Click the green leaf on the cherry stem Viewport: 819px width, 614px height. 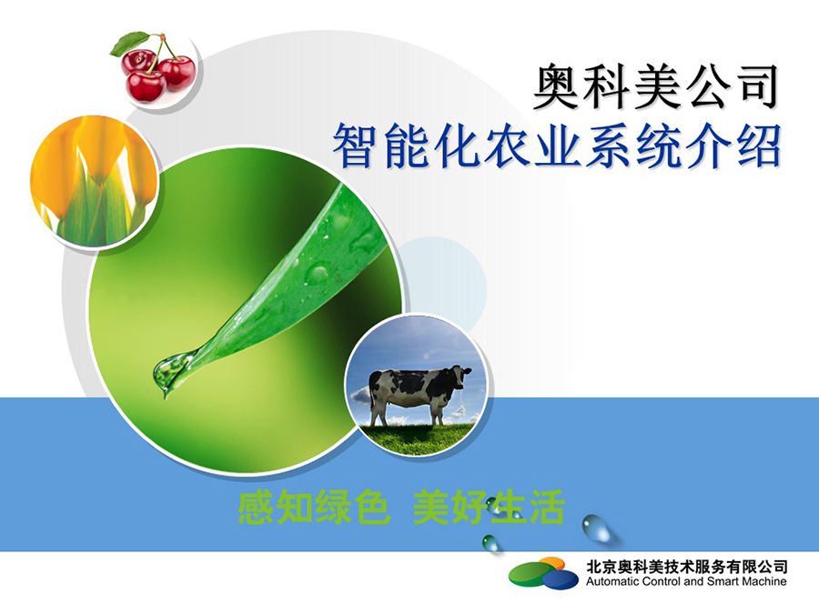(x=128, y=44)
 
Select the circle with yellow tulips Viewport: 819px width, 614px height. (x=94, y=181)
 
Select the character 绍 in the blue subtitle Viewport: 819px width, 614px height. (x=756, y=145)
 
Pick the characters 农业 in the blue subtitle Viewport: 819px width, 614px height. (x=531, y=145)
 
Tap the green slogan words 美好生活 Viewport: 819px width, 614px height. (x=489, y=507)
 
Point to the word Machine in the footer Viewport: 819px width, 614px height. (x=765, y=581)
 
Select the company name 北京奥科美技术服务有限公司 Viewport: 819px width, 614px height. (x=687, y=567)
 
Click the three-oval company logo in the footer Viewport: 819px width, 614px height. (x=544, y=573)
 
